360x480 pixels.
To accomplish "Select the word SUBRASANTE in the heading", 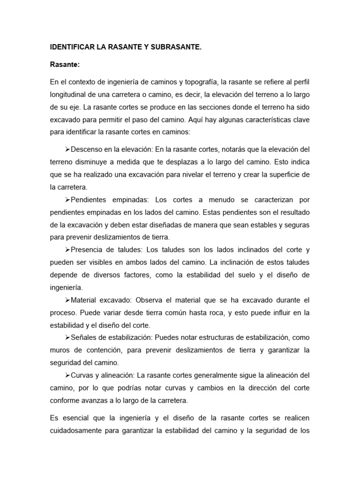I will click(x=177, y=47).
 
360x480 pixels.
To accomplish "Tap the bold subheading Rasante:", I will click(x=64, y=65).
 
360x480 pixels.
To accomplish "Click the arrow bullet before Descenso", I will click(x=67, y=150).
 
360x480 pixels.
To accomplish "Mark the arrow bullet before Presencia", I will click(x=67, y=249).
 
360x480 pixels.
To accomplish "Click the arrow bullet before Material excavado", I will click(x=67, y=300).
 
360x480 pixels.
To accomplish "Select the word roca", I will click(x=208, y=312).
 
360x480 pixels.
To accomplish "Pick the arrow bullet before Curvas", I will click(x=67, y=375).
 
